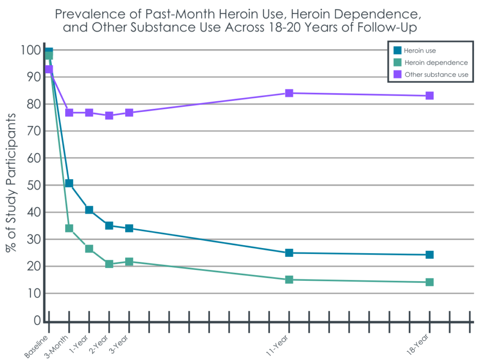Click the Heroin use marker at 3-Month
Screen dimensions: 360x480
pos(69,183)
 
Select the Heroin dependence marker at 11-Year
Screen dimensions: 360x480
pos(289,280)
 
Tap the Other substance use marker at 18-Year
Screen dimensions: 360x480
pos(429,96)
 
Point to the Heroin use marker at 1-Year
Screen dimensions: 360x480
pos(89,210)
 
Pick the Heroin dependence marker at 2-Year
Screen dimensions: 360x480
pos(109,264)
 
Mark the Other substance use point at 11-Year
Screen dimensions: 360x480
pos(289,93)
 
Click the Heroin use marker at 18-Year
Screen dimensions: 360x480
pos(429,255)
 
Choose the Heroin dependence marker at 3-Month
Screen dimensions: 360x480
pos(69,228)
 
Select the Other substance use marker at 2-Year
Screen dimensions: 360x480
pos(109,115)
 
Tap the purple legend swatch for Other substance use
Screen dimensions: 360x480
pos(397,74)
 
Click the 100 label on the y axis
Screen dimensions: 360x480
pos(31,50)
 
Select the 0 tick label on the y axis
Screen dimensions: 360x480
pos(37,321)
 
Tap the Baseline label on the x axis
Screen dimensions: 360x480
pos(37,345)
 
